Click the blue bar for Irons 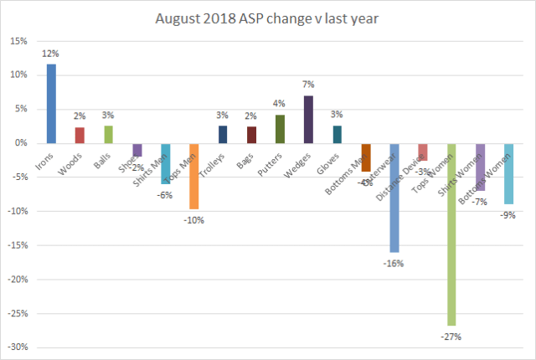click(52, 104)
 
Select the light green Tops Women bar click(451, 234)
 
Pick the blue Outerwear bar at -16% click(394, 198)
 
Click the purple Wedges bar click(309, 120)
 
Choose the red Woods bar click(80, 136)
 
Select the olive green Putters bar click(281, 129)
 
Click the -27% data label click(452, 336)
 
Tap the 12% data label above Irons click(52, 54)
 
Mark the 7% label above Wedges click(309, 85)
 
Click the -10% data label click(194, 220)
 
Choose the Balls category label click(100, 158)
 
